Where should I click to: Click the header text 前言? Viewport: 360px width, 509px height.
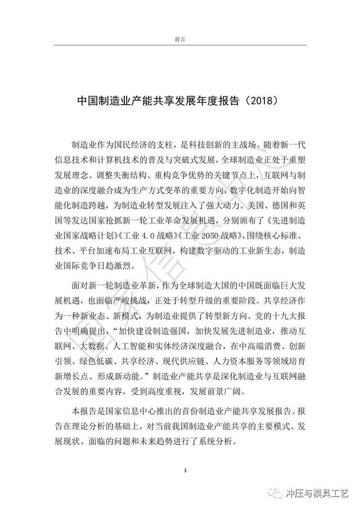[180, 39]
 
